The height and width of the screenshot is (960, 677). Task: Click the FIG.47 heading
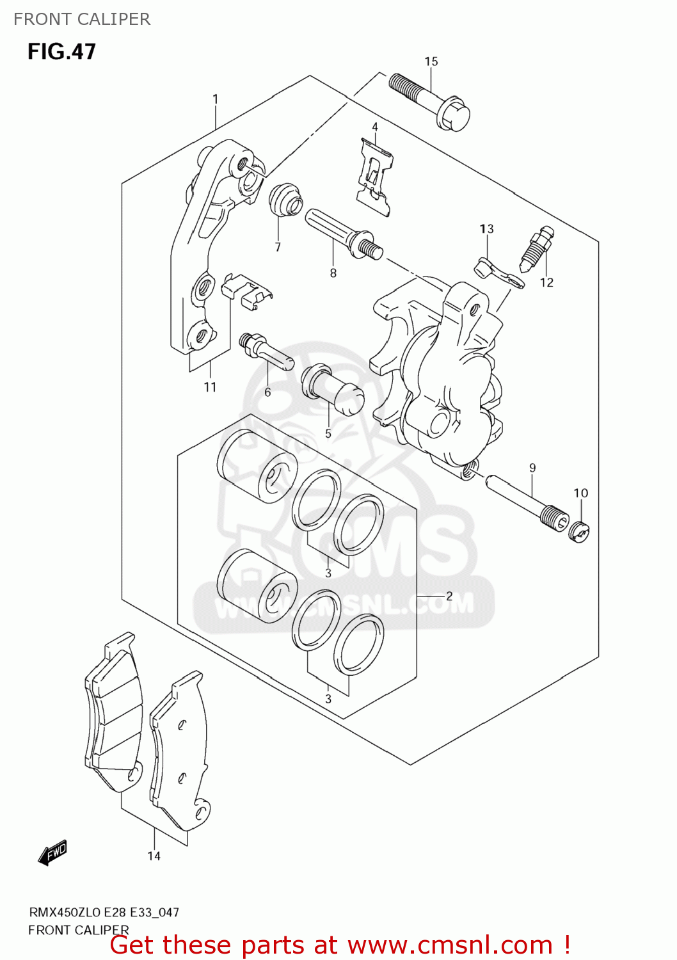[x=61, y=51]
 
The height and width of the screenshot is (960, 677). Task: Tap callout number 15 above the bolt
[x=431, y=61]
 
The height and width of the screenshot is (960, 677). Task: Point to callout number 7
[x=278, y=247]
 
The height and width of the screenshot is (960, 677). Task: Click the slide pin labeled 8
[x=342, y=233]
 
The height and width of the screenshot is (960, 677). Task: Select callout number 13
[x=487, y=228]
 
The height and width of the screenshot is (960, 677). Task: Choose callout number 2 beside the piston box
[x=449, y=596]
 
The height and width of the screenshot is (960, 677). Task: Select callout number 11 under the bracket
[x=211, y=387]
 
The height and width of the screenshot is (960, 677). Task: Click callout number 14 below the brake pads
[x=154, y=856]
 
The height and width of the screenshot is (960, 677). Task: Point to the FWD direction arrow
[x=52, y=853]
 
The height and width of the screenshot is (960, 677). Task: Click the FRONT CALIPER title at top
[x=82, y=19]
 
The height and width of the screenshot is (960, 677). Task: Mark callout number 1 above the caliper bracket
[x=216, y=99]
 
